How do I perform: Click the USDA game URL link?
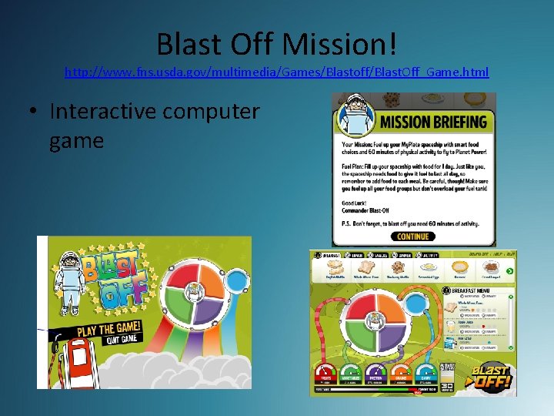point(276,72)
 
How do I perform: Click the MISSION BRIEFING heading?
point(434,122)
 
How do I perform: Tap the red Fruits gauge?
point(327,374)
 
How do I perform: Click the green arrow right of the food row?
point(509,271)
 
